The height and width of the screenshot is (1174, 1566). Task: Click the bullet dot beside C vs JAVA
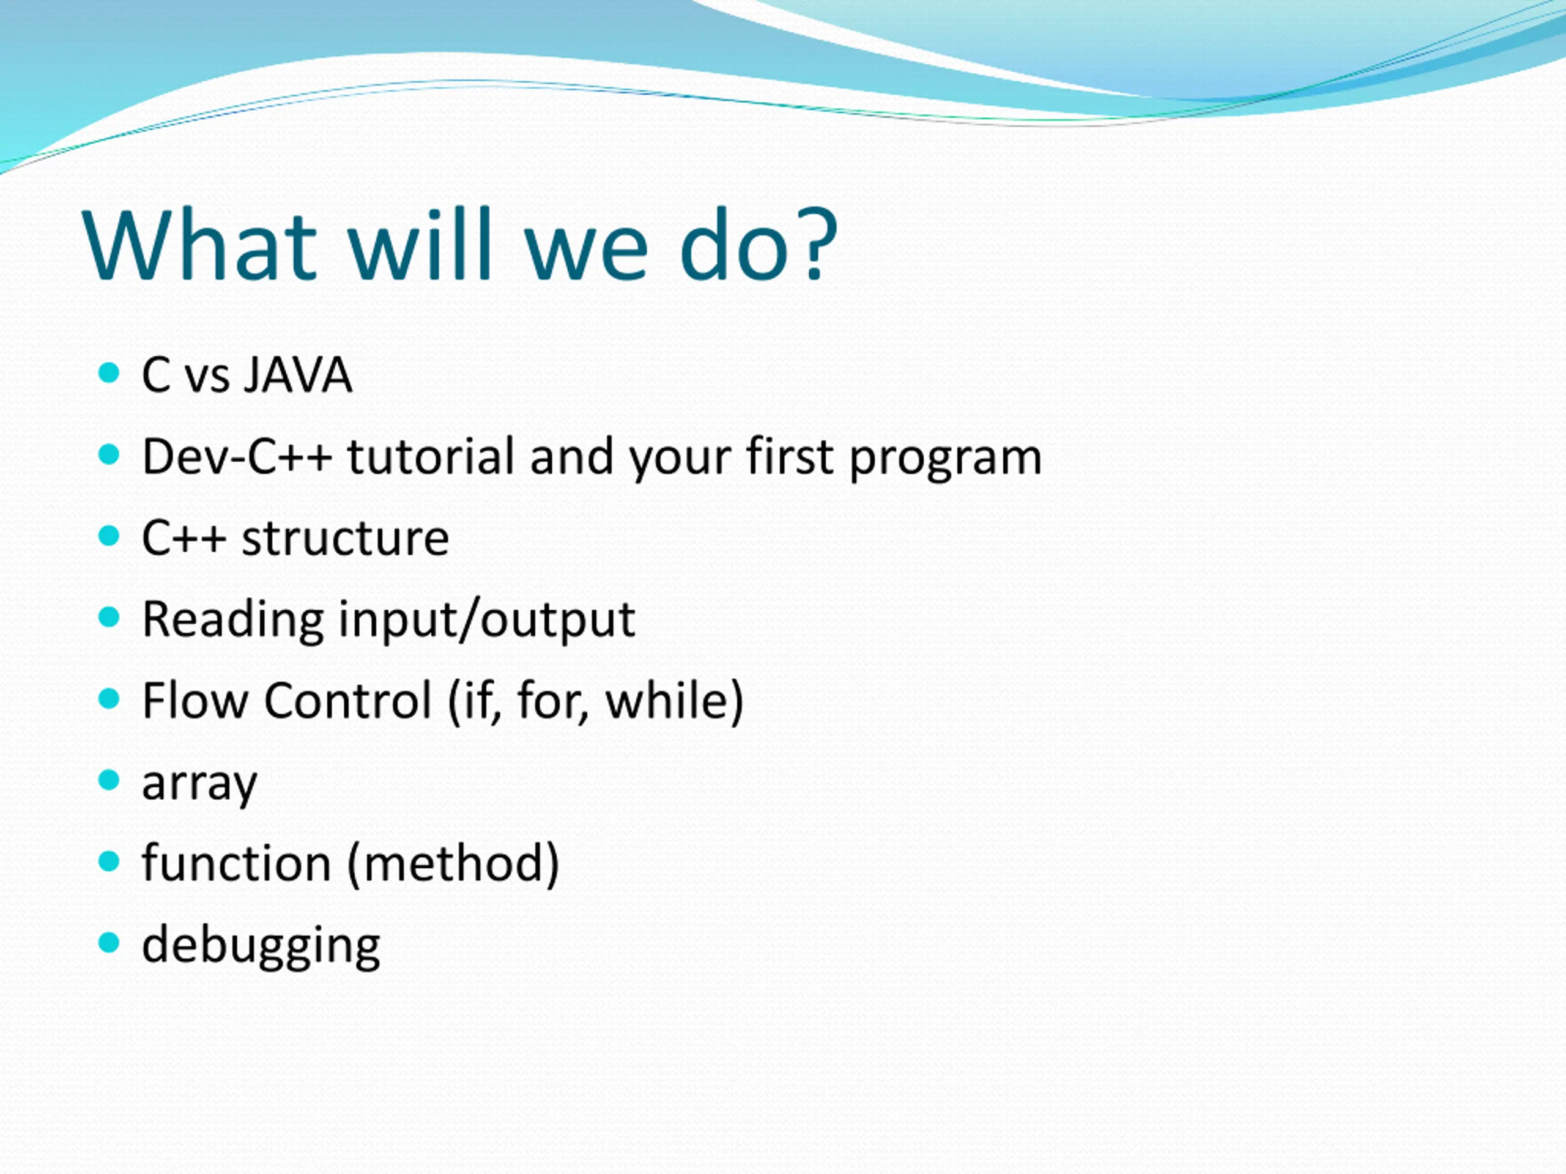tap(108, 373)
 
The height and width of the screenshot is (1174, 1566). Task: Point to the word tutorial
tap(431, 456)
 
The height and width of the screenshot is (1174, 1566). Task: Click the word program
tap(945, 459)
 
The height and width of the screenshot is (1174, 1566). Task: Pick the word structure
tap(345, 538)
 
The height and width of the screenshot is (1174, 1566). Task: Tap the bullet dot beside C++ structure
tap(108, 536)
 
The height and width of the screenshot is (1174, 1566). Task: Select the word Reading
tap(232, 621)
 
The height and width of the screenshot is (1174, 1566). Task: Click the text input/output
tap(487, 621)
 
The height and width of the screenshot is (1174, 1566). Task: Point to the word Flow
tap(195, 701)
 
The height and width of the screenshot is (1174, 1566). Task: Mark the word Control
tap(347, 701)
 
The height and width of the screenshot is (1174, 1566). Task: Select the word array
tap(199, 786)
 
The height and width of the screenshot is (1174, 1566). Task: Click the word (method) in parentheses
tap(454, 864)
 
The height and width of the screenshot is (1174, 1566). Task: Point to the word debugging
tap(261, 946)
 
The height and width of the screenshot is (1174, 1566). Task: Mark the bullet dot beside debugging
tap(108, 943)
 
